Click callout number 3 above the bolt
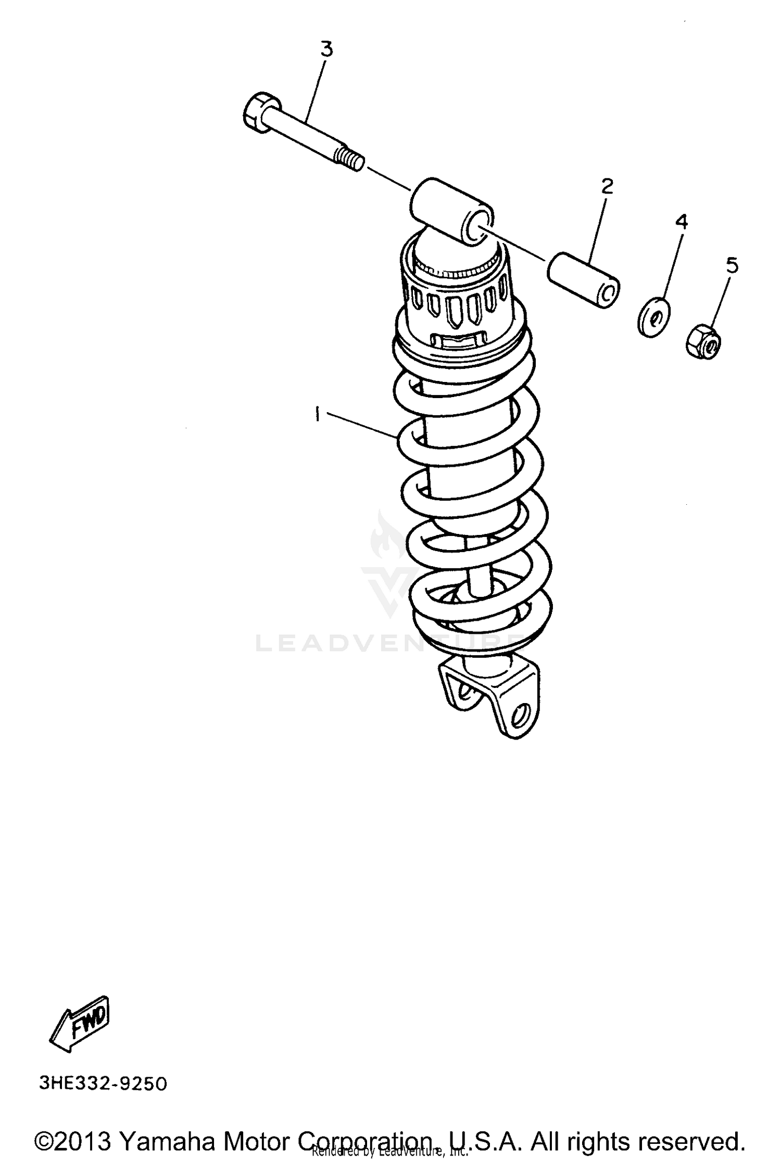pyautogui.click(x=326, y=50)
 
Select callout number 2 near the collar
pyautogui.click(x=607, y=186)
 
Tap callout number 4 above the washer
pyautogui.click(x=681, y=222)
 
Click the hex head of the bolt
pyautogui.click(x=258, y=110)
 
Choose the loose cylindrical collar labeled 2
pyautogui.click(x=583, y=280)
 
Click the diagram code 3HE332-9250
pyautogui.click(x=103, y=1085)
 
